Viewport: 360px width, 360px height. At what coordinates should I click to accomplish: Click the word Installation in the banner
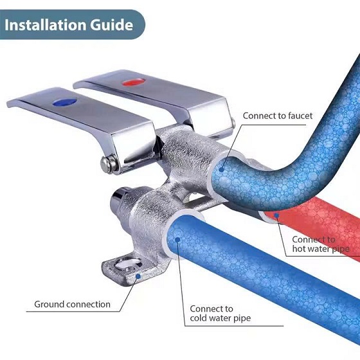point(46,24)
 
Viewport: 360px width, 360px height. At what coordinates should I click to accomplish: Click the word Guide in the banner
point(112,24)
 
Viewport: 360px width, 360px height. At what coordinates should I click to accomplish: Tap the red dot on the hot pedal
point(134,82)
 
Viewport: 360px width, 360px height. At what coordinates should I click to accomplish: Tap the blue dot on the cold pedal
point(64,102)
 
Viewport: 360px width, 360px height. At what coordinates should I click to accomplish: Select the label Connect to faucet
point(278,116)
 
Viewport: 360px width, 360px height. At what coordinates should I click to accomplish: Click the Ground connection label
point(72,304)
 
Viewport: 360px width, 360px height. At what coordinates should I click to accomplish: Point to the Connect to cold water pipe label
point(220,314)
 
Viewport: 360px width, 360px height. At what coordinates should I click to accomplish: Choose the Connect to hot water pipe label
point(321,244)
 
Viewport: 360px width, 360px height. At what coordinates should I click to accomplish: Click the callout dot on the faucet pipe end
point(221,170)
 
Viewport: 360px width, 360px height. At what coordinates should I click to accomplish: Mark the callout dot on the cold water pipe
point(177,240)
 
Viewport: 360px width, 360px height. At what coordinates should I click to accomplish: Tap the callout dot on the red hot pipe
point(277,215)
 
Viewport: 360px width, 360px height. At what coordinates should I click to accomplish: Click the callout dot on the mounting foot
point(138,276)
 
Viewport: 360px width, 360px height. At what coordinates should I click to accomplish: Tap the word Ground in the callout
point(49,304)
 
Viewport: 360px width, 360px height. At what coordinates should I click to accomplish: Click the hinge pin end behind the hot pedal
point(233,122)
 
